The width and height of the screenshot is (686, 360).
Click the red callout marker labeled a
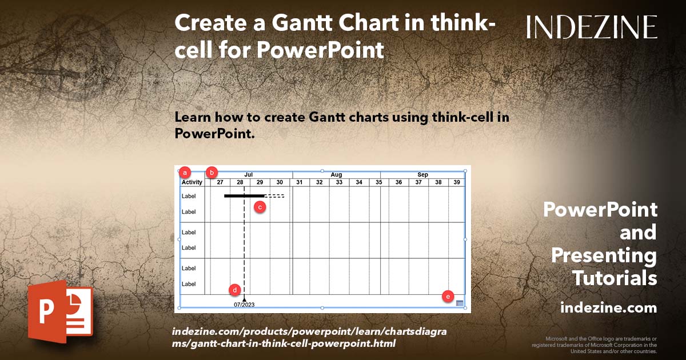point(185,171)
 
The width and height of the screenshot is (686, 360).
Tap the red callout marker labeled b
point(213,171)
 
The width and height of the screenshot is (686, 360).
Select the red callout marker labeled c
point(260,207)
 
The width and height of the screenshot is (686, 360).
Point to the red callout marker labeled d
point(235,290)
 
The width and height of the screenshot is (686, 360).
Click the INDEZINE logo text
point(592,27)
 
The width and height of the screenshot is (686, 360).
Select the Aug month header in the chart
point(336,174)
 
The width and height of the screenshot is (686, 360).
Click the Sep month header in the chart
point(422,174)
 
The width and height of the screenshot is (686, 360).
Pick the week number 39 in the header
point(457,182)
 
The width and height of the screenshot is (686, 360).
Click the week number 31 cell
point(300,182)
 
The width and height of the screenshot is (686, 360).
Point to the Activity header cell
point(192,182)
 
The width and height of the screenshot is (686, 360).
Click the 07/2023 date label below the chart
point(244,305)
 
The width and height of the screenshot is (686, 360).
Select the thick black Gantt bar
point(244,196)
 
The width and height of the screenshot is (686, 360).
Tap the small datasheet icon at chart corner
point(460,303)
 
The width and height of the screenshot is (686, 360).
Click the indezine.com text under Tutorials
point(608,308)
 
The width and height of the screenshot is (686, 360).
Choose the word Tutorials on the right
point(615,278)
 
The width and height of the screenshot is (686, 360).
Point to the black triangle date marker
point(244,299)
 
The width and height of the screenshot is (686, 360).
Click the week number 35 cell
point(379,182)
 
